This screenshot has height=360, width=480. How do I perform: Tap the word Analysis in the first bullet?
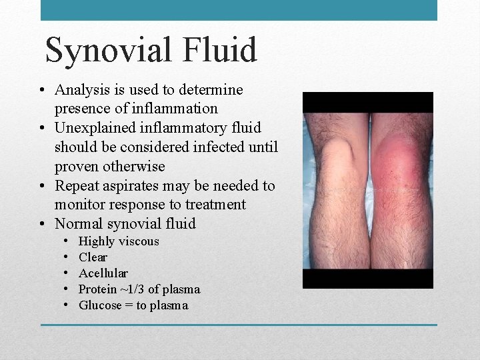click(83, 89)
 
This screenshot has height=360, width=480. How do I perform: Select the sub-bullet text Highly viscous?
click(119, 241)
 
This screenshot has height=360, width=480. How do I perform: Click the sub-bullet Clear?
click(93, 257)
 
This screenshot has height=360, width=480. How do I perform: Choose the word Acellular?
click(103, 273)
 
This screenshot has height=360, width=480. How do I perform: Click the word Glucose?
click(100, 305)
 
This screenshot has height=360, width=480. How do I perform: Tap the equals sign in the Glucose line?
click(127, 305)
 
